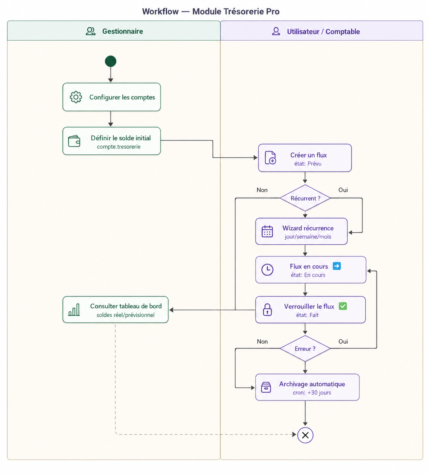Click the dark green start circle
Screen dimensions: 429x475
pyautogui.click(x=110, y=61)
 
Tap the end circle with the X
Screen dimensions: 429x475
pyautogui.click(x=305, y=435)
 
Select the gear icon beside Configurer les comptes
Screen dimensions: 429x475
pyautogui.click(x=76, y=97)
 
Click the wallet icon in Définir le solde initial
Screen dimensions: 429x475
pyautogui.click(x=74, y=141)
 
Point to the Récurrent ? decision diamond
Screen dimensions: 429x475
pyautogui.click(x=305, y=198)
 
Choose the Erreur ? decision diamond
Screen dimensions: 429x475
pyautogui.click(x=305, y=348)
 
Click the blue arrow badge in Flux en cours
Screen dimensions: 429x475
pyautogui.click(x=337, y=266)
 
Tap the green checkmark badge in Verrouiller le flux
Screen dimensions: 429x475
pyautogui.click(x=343, y=306)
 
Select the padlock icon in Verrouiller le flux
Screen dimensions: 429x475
pyautogui.click(x=267, y=310)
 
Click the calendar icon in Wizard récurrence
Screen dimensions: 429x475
pyautogui.click(x=267, y=231)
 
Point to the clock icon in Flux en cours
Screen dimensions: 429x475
pyautogui.click(x=267, y=270)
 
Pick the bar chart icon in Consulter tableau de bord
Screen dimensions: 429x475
pyautogui.click(x=74, y=310)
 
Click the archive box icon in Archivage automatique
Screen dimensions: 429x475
pyautogui.click(x=266, y=388)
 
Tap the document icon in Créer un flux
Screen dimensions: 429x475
pyautogui.click(x=270, y=158)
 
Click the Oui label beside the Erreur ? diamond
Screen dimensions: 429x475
pyautogui.click(x=343, y=341)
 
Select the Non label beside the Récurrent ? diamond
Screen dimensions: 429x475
pyautogui.click(x=262, y=190)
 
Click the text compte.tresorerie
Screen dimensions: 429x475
pyautogui.click(x=119, y=147)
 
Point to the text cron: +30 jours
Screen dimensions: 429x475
pyautogui.click(x=312, y=393)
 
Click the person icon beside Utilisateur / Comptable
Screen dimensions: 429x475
pyautogui.click(x=276, y=31)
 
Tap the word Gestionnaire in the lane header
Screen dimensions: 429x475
pyautogui.click(x=122, y=31)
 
